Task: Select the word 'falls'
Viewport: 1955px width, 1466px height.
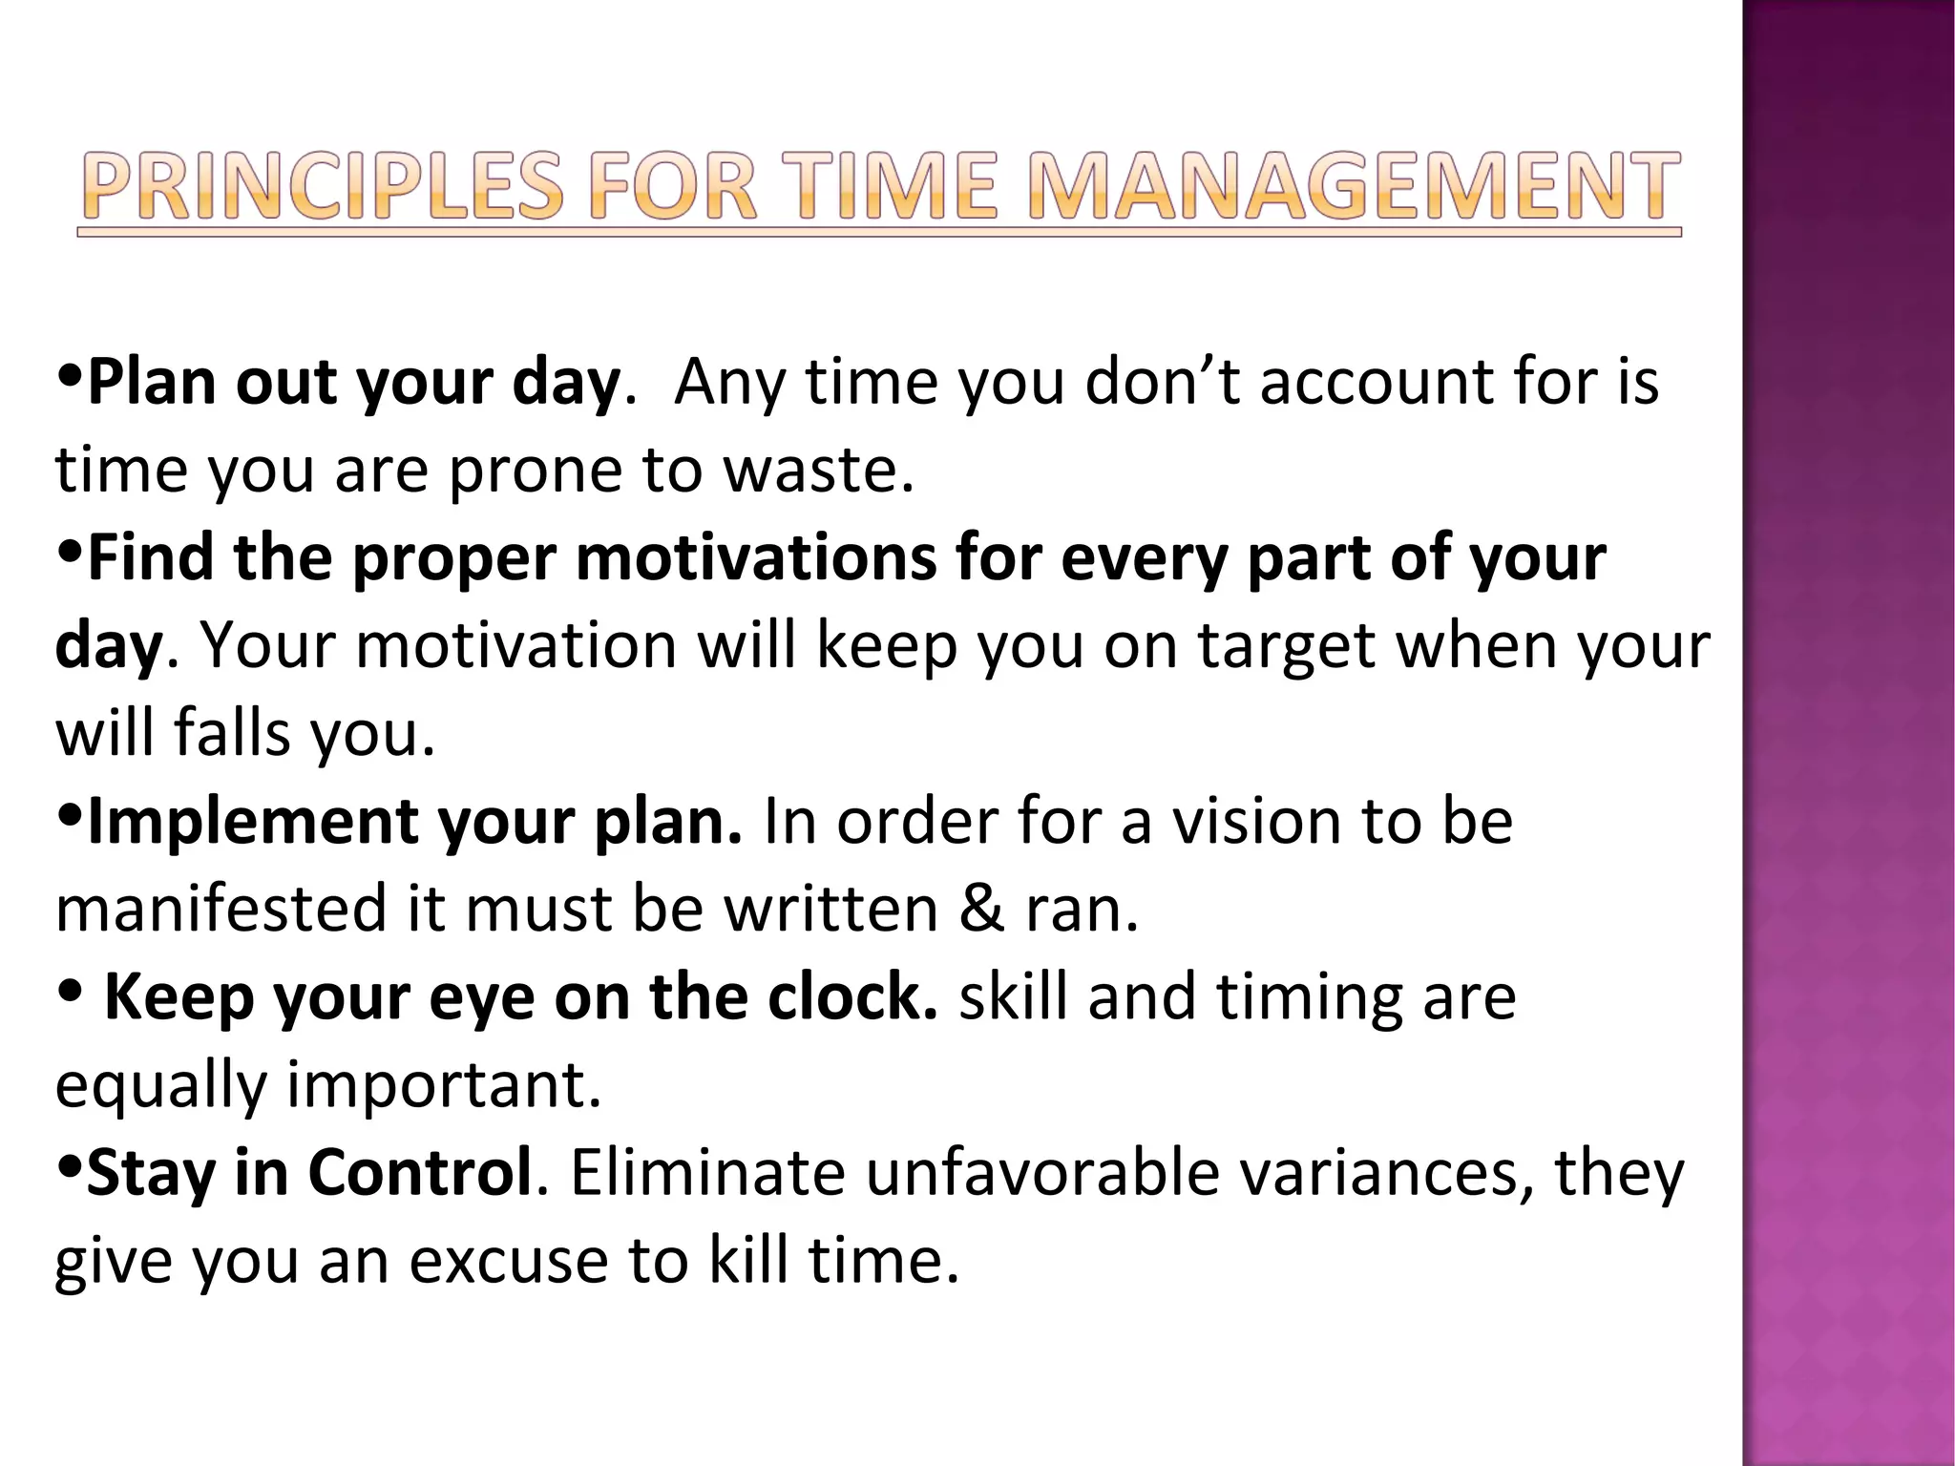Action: coord(231,733)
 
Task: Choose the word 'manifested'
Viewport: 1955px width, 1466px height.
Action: coord(221,909)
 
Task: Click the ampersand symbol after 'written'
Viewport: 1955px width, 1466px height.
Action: coord(982,909)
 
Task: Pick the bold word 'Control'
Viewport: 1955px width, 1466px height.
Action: coord(420,1172)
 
